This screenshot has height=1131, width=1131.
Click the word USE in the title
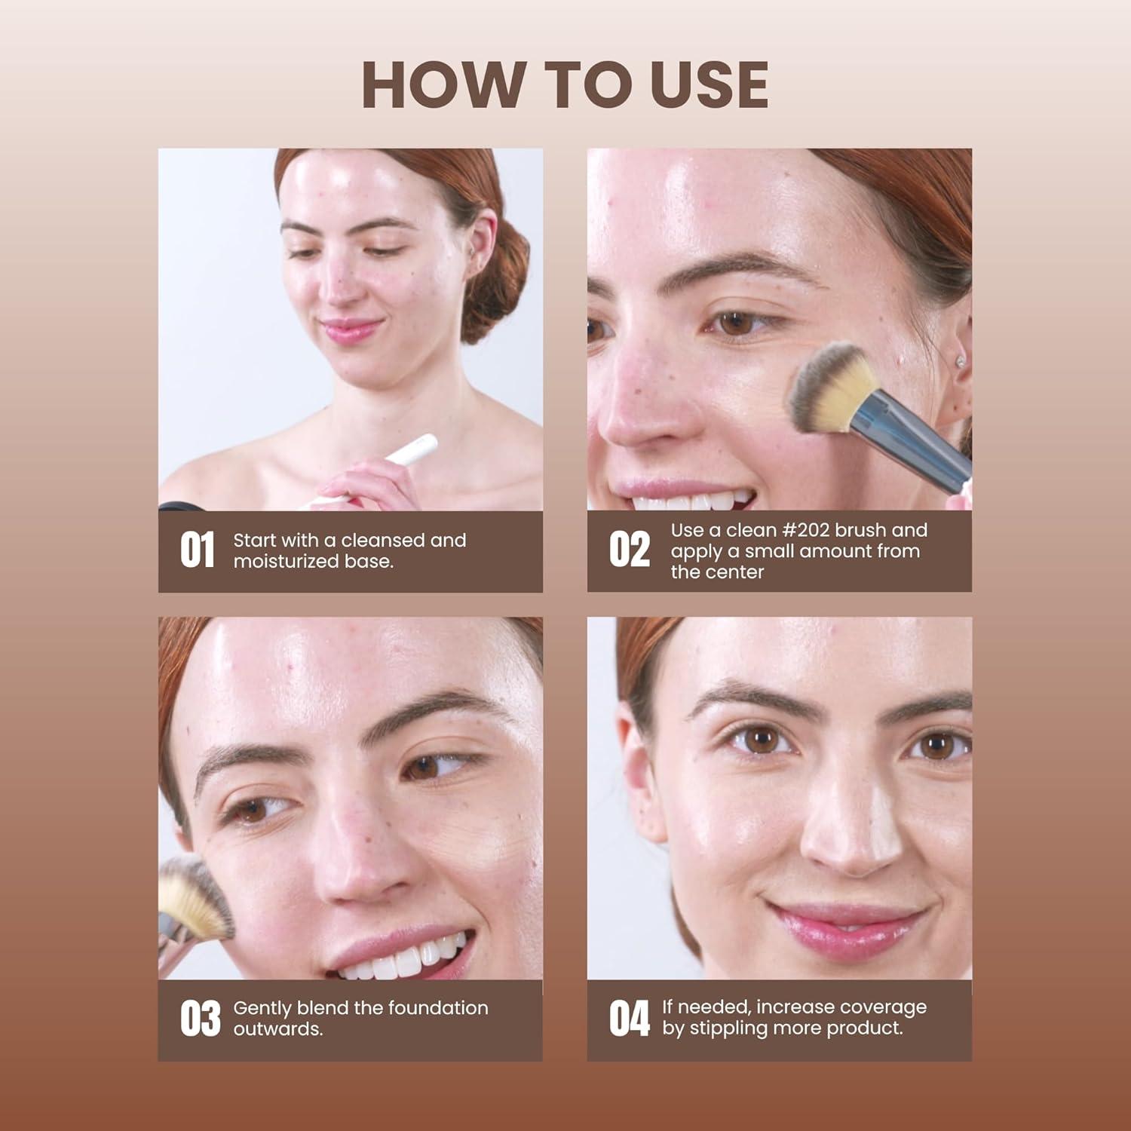(709, 84)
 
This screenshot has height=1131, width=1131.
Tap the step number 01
(198, 550)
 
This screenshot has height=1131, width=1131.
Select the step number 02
(629, 550)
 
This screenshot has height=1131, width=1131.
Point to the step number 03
(200, 1019)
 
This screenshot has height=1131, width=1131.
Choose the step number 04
(629, 1019)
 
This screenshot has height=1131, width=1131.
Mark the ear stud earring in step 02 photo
(960, 361)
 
